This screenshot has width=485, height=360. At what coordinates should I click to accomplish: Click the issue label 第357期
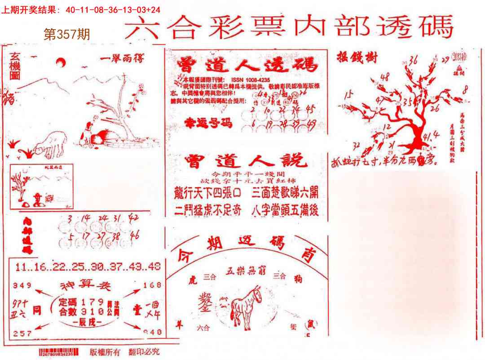66,34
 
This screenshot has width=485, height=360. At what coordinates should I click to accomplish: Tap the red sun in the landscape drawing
61,62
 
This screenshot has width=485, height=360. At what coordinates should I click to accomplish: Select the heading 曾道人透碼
247,65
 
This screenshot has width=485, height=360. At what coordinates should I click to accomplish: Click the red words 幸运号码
209,123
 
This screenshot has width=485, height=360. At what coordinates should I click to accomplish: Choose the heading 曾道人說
246,161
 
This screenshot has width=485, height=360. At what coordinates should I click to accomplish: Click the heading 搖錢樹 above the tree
357,58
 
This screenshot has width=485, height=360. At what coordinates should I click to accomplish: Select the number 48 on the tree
384,77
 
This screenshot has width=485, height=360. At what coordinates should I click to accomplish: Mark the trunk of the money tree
420,135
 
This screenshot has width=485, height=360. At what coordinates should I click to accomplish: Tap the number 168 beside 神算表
152,285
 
